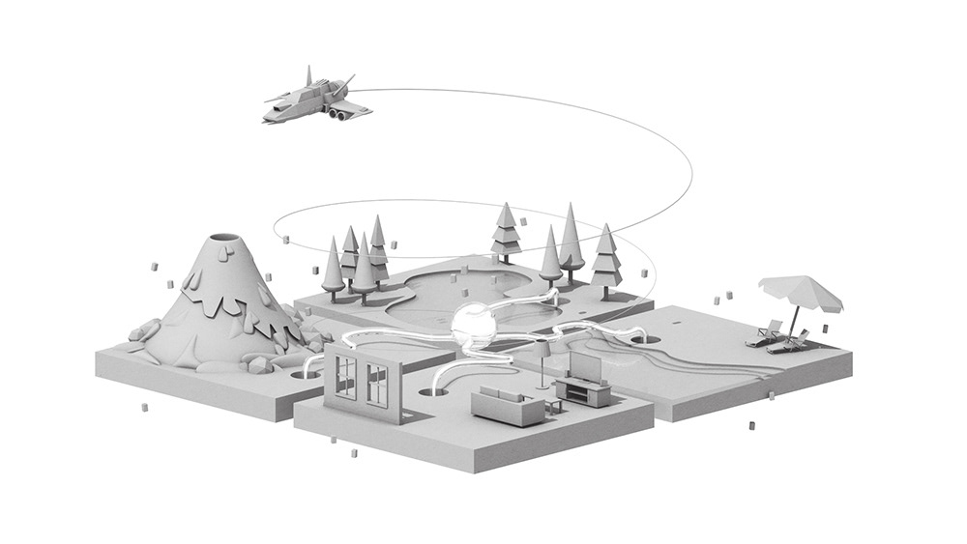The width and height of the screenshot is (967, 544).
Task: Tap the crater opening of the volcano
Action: [224, 239]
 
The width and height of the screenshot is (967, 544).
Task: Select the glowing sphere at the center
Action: [475, 326]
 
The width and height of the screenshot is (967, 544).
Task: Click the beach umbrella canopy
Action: [802, 290]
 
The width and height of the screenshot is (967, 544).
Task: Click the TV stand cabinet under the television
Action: [583, 391]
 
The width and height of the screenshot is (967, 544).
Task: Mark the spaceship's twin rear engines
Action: [337, 115]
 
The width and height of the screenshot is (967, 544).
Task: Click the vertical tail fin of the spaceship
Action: [308, 76]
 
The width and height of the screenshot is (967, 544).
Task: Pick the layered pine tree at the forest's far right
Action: [606, 253]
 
